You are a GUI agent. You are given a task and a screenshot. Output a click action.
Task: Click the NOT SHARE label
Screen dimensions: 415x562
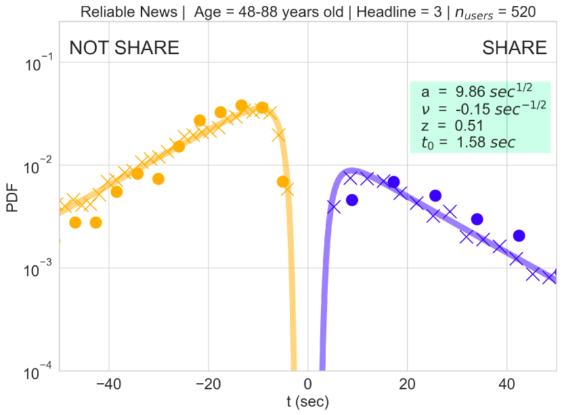click(x=125, y=48)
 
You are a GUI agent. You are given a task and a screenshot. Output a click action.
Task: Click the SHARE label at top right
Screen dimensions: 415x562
click(x=514, y=48)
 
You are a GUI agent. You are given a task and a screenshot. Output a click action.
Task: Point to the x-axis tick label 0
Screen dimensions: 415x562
click(x=308, y=385)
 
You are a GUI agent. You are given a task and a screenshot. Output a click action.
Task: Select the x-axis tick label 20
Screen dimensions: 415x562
click(x=407, y=385)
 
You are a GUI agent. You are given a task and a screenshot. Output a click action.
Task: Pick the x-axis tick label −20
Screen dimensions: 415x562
click(x=208, y=385)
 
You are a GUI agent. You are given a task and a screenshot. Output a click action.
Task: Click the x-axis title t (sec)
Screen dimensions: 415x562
click(x=307, y=403)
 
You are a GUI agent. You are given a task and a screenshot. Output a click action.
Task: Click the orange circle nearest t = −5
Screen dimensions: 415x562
click(x=283, y=181)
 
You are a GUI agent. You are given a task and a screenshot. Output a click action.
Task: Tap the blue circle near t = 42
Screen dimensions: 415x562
click(x=519, y=236)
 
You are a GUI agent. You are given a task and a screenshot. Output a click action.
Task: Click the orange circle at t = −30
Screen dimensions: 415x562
click(x=158, y=179)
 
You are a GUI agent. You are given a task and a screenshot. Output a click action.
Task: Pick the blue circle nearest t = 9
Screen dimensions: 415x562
click(x=351, y=200)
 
